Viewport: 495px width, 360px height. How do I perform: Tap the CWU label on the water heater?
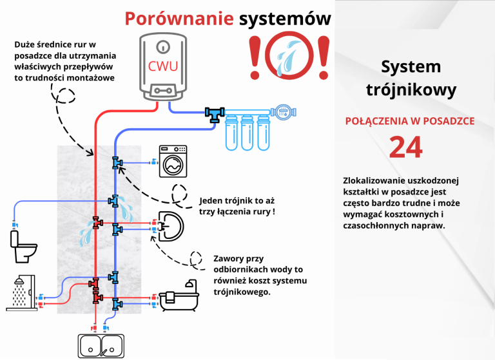coord(163,66)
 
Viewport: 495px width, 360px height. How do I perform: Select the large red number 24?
coord(406,147)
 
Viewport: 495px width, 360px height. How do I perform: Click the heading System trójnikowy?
coord(411,78)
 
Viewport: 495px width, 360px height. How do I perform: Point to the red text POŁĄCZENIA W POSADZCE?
coord(410,120)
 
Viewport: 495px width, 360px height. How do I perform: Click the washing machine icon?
coord(173,161)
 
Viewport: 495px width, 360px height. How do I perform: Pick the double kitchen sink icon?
coord(101,345)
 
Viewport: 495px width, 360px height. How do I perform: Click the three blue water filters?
coord(247,131)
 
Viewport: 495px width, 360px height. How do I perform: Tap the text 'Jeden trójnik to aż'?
coord(237,200)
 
